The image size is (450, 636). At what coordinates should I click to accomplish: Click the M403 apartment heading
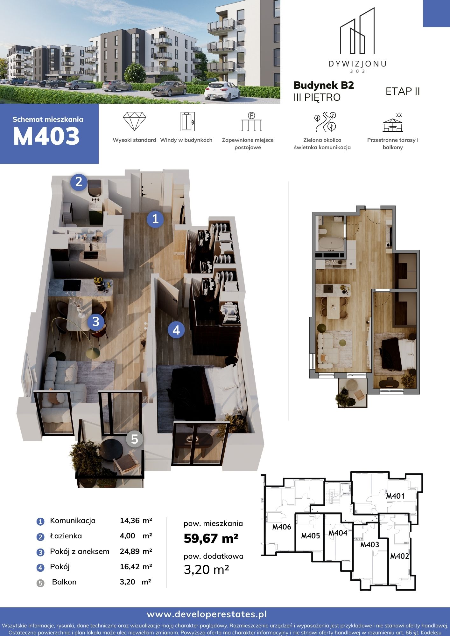point(46,136)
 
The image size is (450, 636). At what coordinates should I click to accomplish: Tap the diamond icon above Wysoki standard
point(134,121)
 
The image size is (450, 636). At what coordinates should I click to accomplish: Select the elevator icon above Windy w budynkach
point(186,121)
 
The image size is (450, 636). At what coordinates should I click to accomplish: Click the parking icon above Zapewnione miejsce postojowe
point(251,121)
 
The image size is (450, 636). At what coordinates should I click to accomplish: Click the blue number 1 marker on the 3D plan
point(155,219)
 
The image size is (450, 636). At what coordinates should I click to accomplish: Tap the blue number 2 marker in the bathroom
point(79,182)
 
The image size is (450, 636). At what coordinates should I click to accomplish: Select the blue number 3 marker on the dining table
point(96,322)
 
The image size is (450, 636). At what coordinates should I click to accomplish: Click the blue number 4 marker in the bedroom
point(176,330)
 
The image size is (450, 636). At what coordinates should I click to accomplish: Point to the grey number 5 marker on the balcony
point(135,439)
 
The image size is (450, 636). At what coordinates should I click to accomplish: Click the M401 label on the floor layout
point(395,496)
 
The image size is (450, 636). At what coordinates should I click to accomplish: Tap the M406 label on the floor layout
point(282,527)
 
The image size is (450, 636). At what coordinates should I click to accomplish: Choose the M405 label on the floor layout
point(311,536)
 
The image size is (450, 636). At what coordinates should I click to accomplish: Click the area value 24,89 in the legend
point(130,551)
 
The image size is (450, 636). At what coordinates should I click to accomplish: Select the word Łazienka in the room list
point(66,536)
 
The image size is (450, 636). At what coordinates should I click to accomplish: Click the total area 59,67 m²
point(211,538)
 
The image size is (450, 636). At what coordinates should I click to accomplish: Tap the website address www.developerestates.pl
point(207,614)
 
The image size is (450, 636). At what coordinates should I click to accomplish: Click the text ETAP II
point(403,91)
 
